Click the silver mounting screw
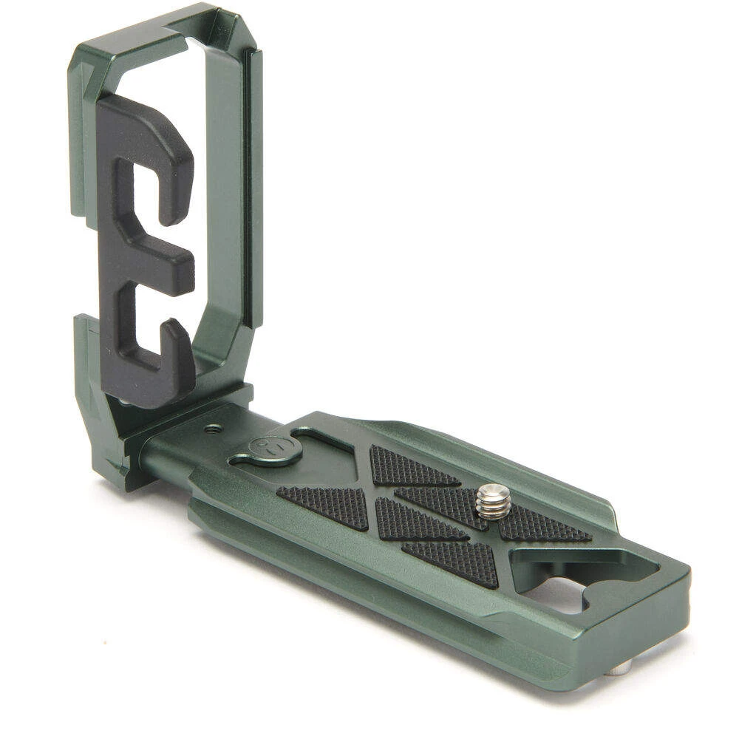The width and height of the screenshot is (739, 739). [493, 500]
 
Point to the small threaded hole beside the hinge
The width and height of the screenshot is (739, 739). [214, 428]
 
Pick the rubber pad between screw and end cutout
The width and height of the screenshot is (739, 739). [545, 526]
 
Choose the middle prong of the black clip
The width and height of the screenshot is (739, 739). [163, 266]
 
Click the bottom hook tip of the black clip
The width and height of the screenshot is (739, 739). [177, 347]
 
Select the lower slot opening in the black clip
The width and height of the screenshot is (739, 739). [151, 325]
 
